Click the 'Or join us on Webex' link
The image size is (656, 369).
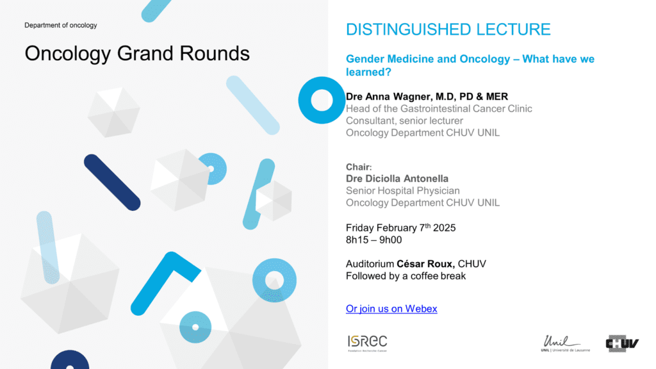391,309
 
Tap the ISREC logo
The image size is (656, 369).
367,343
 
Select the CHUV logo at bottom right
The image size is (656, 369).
622,343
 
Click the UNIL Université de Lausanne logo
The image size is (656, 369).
565,343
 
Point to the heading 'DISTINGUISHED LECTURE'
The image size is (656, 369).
448,29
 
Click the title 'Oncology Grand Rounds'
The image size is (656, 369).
137,54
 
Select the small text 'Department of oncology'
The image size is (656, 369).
61,25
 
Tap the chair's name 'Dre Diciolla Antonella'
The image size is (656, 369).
397,179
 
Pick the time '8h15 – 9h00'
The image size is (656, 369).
373,240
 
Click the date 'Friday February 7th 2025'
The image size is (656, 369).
400,227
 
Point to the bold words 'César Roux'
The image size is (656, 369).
425,264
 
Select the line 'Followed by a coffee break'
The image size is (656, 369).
406,276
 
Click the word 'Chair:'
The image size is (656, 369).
359,167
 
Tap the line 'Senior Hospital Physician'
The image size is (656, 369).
402,191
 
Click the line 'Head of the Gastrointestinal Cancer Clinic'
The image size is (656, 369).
439,109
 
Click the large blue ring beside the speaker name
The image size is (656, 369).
304,100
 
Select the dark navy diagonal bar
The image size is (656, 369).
112,183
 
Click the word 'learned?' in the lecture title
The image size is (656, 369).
368,72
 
